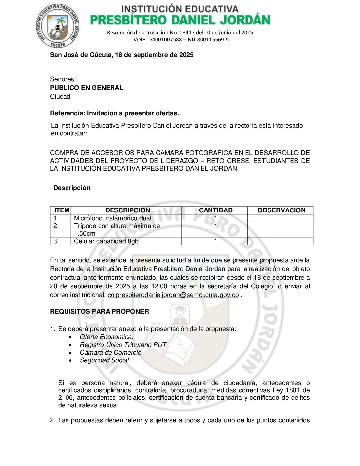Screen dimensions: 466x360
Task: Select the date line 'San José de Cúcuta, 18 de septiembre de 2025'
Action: pyautogui.click(x=121, y=55)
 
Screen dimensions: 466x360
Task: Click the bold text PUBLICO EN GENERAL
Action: pyautogui.click(x=86, y=88)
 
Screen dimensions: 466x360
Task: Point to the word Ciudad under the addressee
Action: pyautogui.click(x=60, y=97)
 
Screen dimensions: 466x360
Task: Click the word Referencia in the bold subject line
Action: pyautogui.click(x=67, y=113)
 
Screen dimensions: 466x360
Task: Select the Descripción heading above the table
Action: pyautogui.click(x=72, y=188)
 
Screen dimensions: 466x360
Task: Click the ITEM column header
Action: pyautogui.click(x=62, y=210)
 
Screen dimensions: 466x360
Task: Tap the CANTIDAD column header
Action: pyautogui.click(x=215, y=210)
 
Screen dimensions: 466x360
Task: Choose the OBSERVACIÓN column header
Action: pyautogui.click(x=281, y=210)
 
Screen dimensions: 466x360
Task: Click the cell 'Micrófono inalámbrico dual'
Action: pyautogui.click(x=112, y=218)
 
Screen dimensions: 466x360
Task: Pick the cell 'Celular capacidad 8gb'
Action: pyautogui.click(x=106, y=241)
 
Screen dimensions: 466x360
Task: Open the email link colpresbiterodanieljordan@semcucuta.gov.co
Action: pyautogui.click(x=173, y=295)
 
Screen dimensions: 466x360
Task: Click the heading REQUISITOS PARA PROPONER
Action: pyautogui.click(x=99, y=312)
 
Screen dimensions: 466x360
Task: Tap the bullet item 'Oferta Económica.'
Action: pyautogui.click(x=106, y=337)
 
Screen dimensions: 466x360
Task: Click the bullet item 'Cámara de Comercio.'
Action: pyautogui.click(x=111, y=353)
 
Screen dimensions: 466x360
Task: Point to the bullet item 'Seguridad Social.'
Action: pyautogui.click(x=105, y=360)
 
